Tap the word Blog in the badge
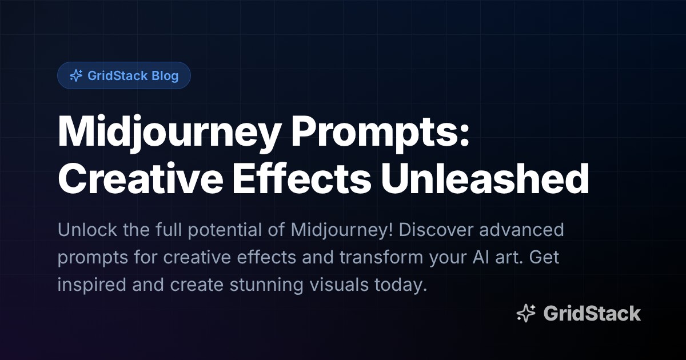[x=165, y=75]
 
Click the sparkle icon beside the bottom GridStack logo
[x=526, y=313]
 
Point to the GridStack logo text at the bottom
[x=592, y=313]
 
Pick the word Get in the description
[x=544, y=258]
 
